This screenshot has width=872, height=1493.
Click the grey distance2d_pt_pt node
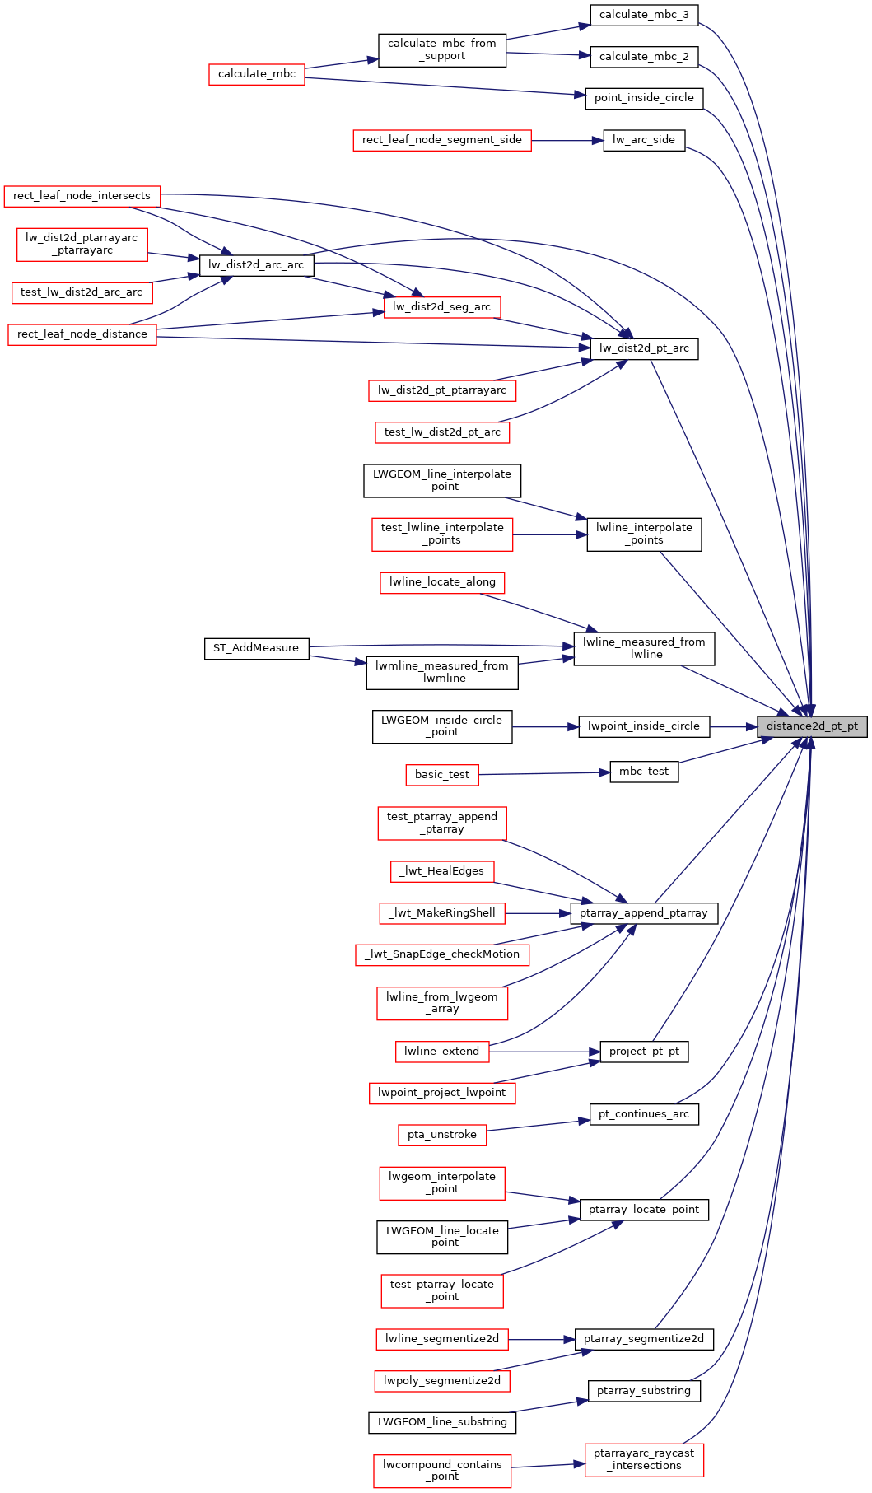[812, 726]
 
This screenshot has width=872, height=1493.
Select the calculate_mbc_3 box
[644, 15]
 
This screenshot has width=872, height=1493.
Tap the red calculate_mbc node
[256, 74]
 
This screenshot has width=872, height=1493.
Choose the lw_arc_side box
[643, 140]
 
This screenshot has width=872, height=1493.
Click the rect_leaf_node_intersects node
[82, 196]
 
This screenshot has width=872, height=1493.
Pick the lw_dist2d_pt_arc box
[644, 348]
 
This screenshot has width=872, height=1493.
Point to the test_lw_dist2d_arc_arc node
[82, 292]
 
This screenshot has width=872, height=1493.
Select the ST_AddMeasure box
[256, 648]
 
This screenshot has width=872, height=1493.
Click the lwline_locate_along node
[442, 582]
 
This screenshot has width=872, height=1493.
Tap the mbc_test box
[644, 772]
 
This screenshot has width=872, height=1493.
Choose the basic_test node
[442, 775]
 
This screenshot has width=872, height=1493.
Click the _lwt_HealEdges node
[442, 871]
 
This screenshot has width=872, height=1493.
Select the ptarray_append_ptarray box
[644, 913]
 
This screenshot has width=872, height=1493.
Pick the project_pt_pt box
[644, 1052]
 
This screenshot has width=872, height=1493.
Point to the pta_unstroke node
[442, 1135]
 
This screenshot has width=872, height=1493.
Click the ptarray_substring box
[644, 1391]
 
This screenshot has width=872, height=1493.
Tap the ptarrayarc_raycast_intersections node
[644, 1460]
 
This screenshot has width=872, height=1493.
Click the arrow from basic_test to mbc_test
[543, 773]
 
